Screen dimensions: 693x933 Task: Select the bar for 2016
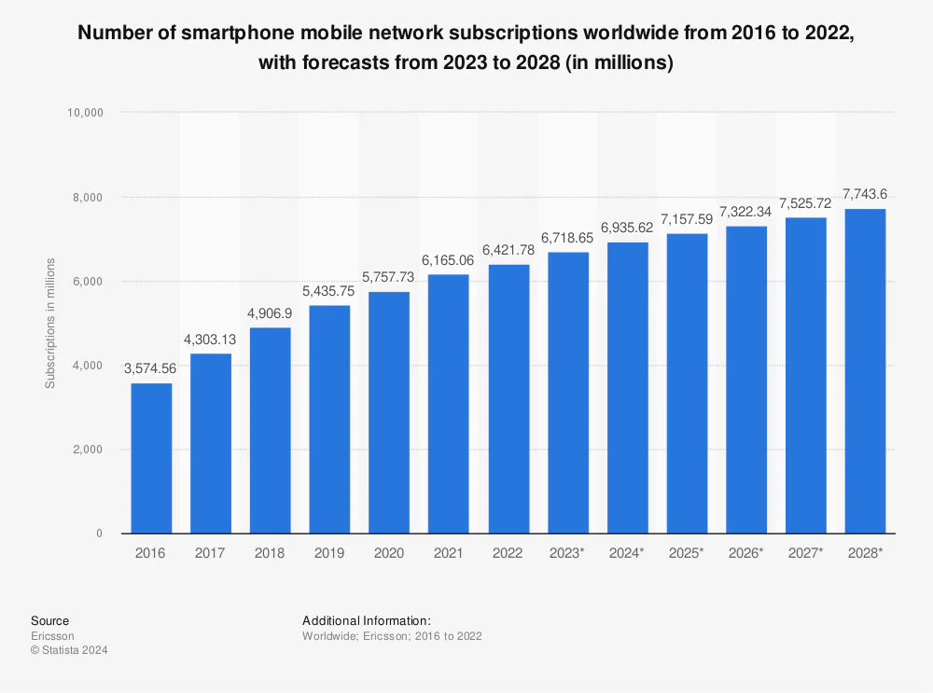tap(150, 458)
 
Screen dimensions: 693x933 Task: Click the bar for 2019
tap(329, 419)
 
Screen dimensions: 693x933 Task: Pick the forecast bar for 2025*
tap(688, 382)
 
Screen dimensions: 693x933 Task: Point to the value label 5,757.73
tap(389, 278)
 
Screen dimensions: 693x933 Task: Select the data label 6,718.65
tap(568, 238)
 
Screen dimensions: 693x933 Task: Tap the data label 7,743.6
tap(865, 194)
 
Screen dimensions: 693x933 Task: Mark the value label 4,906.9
tap(270, 313)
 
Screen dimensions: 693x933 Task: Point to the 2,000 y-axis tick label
tap(88, 450)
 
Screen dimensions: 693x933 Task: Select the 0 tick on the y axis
tap(99, 534)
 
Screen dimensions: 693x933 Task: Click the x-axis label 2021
tap(449, 553)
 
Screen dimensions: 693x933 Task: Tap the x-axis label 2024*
tap(628, 553)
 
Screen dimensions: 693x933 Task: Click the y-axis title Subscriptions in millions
tap(50, 323)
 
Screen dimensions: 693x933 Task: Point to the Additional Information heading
tap(367, 620)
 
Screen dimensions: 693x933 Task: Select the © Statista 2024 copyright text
tap(69, 651)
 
